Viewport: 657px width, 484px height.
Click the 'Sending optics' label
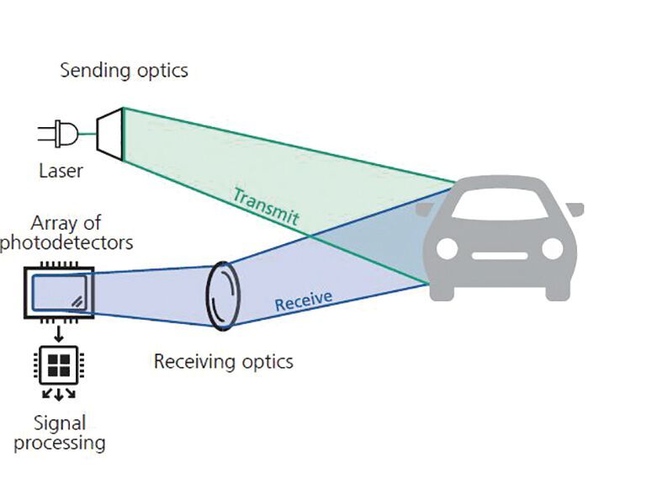[x=124, y=70]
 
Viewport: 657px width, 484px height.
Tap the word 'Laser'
[x=61, y=171]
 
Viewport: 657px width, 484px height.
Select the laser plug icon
[x=61, y=134]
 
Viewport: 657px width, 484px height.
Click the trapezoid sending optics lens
[x=110, y=133]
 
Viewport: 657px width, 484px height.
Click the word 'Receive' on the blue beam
[x=303, y=300]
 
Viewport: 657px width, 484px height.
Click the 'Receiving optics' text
[x=223, y=362]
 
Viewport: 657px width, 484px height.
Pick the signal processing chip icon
[x=58, y=364]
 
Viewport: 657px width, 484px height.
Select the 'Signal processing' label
[x=61, y=433]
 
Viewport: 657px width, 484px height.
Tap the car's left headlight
[x=447, y=248]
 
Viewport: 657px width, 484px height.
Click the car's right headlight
[x=553, y=248]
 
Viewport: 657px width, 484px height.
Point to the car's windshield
[x=500, y=205]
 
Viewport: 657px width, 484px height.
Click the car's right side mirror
[x=575, y=209]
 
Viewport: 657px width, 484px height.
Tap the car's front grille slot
[x=500, y=254]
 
